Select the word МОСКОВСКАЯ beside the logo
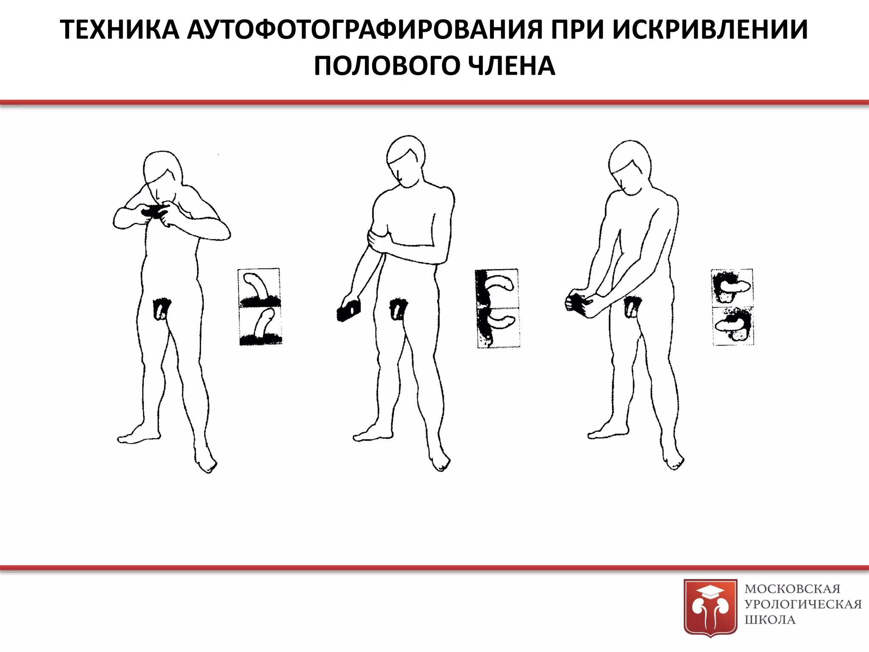coord(792,589)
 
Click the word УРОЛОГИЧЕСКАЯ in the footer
coord(803,604)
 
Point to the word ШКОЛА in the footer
coord(770,619)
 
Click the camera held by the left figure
coord(154,211)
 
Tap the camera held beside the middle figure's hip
coord(349,309)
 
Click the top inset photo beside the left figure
coord(259,287)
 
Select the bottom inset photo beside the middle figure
coord(498,328)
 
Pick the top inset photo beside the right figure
coord(732,287)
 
